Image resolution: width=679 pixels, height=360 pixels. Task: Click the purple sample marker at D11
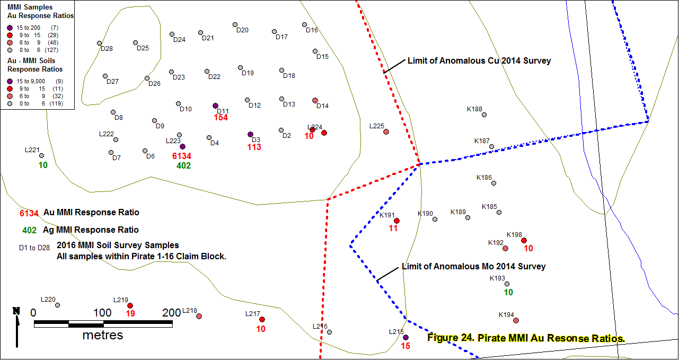215,106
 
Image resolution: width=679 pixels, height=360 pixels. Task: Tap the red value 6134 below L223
182,156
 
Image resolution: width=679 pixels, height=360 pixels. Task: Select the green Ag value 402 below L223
183,165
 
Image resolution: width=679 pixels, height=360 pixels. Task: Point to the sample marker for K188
484,115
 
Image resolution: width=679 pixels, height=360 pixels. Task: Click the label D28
107,49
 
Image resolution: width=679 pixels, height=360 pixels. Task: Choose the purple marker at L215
405,337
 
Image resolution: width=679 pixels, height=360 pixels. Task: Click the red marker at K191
396,221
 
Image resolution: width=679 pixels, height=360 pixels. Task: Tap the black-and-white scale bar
103,324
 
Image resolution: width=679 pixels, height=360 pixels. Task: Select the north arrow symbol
16,327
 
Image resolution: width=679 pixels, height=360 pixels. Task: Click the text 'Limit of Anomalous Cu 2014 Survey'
479,60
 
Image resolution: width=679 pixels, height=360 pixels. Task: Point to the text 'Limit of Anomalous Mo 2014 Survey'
473,266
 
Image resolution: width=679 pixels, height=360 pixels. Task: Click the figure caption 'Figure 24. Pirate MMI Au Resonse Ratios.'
526,338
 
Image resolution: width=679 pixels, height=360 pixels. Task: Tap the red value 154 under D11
221,117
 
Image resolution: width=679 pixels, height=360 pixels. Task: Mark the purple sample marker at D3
250,134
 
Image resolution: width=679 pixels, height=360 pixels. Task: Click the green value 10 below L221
43,165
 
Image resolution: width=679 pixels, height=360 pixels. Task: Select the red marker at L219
130,306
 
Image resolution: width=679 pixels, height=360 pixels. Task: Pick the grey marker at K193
507,284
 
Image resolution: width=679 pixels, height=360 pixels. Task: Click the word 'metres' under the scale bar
103,335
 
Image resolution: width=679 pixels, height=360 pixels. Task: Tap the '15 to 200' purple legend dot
10,28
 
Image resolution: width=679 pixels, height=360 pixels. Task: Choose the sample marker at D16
304,24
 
